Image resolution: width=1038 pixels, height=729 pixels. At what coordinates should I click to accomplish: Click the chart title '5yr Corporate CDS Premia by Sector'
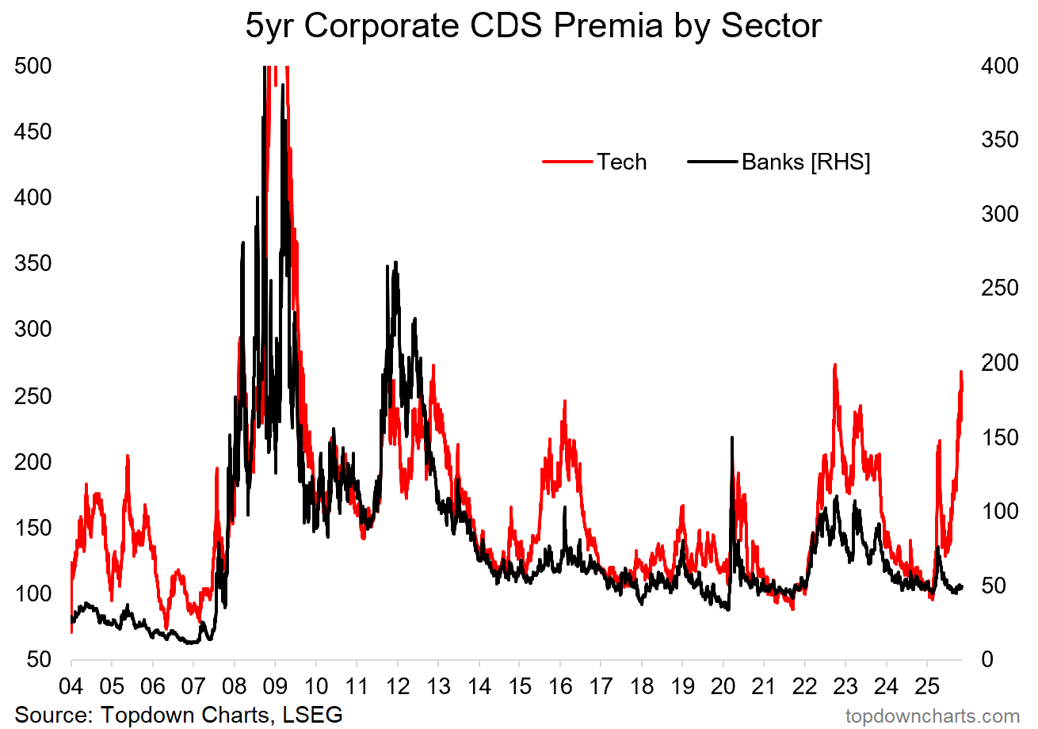click(533, 26)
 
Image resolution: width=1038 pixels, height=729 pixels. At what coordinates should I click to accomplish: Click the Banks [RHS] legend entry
click(780, 162)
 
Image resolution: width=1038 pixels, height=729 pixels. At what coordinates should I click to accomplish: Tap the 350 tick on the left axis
click(33, 263)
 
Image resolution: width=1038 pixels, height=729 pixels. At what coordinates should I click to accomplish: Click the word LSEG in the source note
click(315, 714)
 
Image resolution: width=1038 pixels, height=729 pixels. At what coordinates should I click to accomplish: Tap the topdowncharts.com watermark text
click(933, 716)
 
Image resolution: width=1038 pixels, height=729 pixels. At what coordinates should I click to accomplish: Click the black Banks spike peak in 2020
click(731, 437)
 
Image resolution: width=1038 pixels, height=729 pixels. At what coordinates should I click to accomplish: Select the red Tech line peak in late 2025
click(960, 372)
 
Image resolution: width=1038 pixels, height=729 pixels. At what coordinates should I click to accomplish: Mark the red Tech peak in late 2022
click(834, 364)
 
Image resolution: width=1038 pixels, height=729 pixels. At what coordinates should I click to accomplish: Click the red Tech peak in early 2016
click(565, 401)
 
